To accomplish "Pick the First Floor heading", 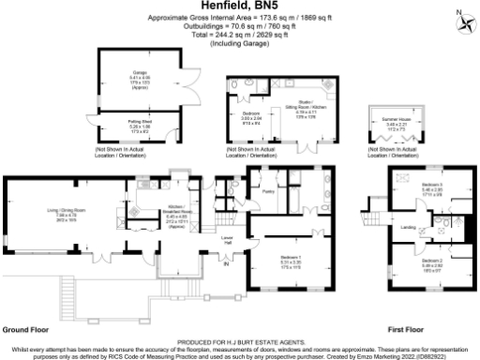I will point(406,330).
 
